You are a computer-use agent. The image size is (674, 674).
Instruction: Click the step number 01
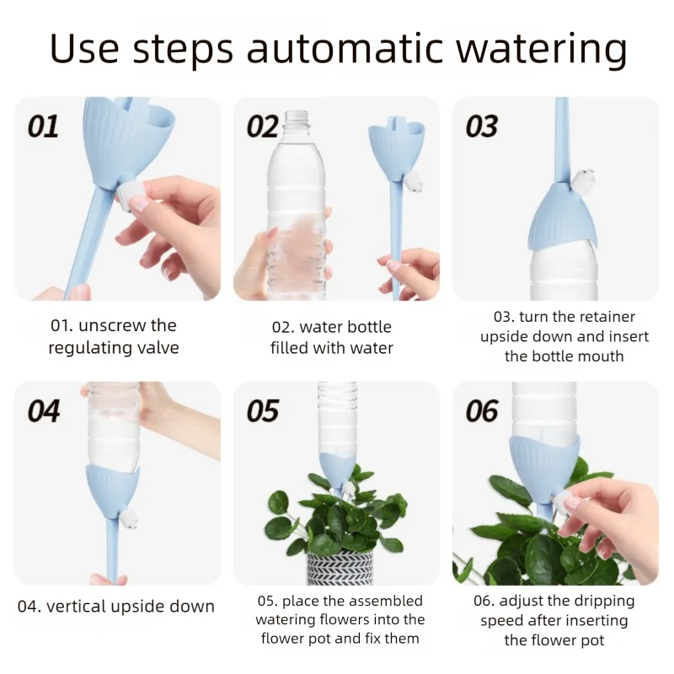click(x=43, y=126)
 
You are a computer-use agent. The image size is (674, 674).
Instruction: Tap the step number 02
click(x=262, y=126)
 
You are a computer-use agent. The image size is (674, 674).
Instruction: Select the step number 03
click(x=481, y=126)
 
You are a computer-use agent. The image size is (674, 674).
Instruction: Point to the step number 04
click(x=44, y=411)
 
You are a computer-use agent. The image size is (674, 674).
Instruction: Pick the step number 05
click(x=263, y=411)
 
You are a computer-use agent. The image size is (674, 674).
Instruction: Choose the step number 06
click(x=482, y=411)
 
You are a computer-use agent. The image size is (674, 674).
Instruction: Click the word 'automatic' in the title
click(x=345, y=48)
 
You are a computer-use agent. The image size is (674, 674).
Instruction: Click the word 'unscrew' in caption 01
click(x=106, y=326)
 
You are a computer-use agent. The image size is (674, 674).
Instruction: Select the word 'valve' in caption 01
click(x=158, y=347)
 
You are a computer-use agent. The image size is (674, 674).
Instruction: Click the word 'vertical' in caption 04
click(x=76, y=607)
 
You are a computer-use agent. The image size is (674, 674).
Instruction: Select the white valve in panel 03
click(x=582, y=179)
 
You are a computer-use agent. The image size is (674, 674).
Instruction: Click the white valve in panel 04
click(x=129, y=518)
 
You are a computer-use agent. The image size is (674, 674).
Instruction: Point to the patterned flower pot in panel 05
click(x=340, y=567)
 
